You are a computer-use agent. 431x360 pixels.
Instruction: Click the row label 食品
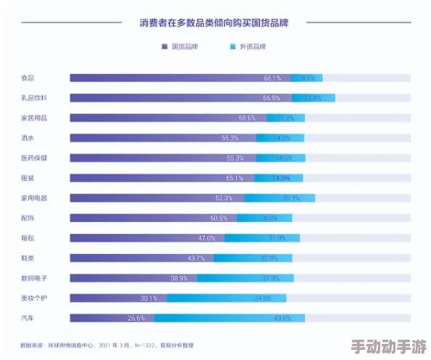(x=28, y=78)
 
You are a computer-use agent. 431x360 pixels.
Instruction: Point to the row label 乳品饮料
(x=33, y=98)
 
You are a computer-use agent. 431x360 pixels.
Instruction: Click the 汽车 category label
(x=28, y=317)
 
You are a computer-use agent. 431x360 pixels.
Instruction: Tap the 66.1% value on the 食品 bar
(x=272, y=78)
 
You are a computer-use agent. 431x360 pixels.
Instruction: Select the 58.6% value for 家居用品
(x=247, y=118)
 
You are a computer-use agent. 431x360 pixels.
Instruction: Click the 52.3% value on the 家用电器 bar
(x=223, y=197)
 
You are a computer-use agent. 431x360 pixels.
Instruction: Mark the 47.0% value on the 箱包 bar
(x=206, y=237)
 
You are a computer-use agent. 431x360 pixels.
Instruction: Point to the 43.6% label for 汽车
(x=282, y=317)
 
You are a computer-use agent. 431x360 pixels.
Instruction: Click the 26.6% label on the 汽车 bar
(x=136, y=317)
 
